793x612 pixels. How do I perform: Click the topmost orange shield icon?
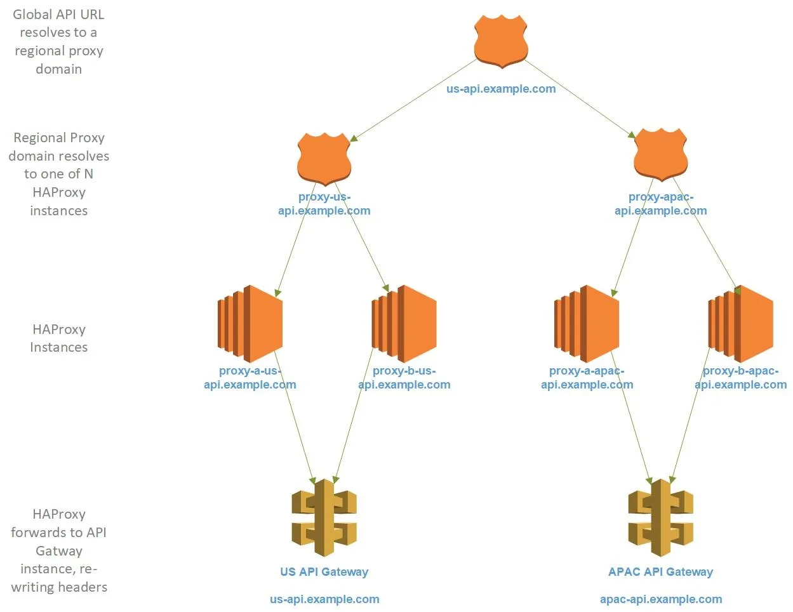(x=501, y=41)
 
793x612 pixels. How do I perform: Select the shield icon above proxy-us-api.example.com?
(x=324, y=159)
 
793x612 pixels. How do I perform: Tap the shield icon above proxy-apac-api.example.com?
(x=660, y=155)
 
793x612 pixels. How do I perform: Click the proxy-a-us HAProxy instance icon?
(x=250, y=324)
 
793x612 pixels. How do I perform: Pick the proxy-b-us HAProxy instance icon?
(x=404, y=324)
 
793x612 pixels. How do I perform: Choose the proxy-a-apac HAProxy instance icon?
(x=587, y=324)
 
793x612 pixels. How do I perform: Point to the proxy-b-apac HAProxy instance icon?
(x=740, y=324)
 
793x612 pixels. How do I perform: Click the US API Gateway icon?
(x=324, y=518)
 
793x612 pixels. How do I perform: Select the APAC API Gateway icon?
(x=660, y=518)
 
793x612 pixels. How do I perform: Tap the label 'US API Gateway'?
(x=324, y=572)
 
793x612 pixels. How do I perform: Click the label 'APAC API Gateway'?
(x=660, y=572)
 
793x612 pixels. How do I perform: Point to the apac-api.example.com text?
(x=661, y=599)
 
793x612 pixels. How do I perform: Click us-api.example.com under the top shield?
(x=501, y=89)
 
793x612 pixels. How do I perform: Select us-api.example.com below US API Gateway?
(x=324, y=599)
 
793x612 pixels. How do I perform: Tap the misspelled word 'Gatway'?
(x=59, y=550)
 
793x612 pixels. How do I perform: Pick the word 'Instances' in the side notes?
(x=59, y=347)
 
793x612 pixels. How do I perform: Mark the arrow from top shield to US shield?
(x=413, y=100)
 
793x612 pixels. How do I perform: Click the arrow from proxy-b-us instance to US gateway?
(x=353, y=416)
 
